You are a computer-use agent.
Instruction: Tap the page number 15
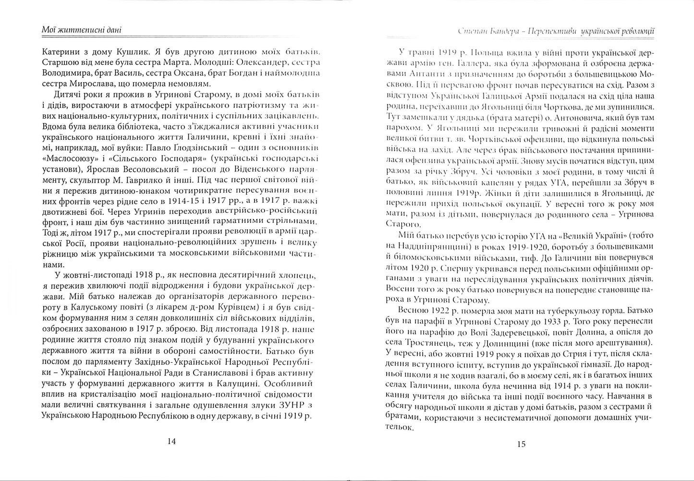pos(522,444)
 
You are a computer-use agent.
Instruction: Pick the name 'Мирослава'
pos(85,84)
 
